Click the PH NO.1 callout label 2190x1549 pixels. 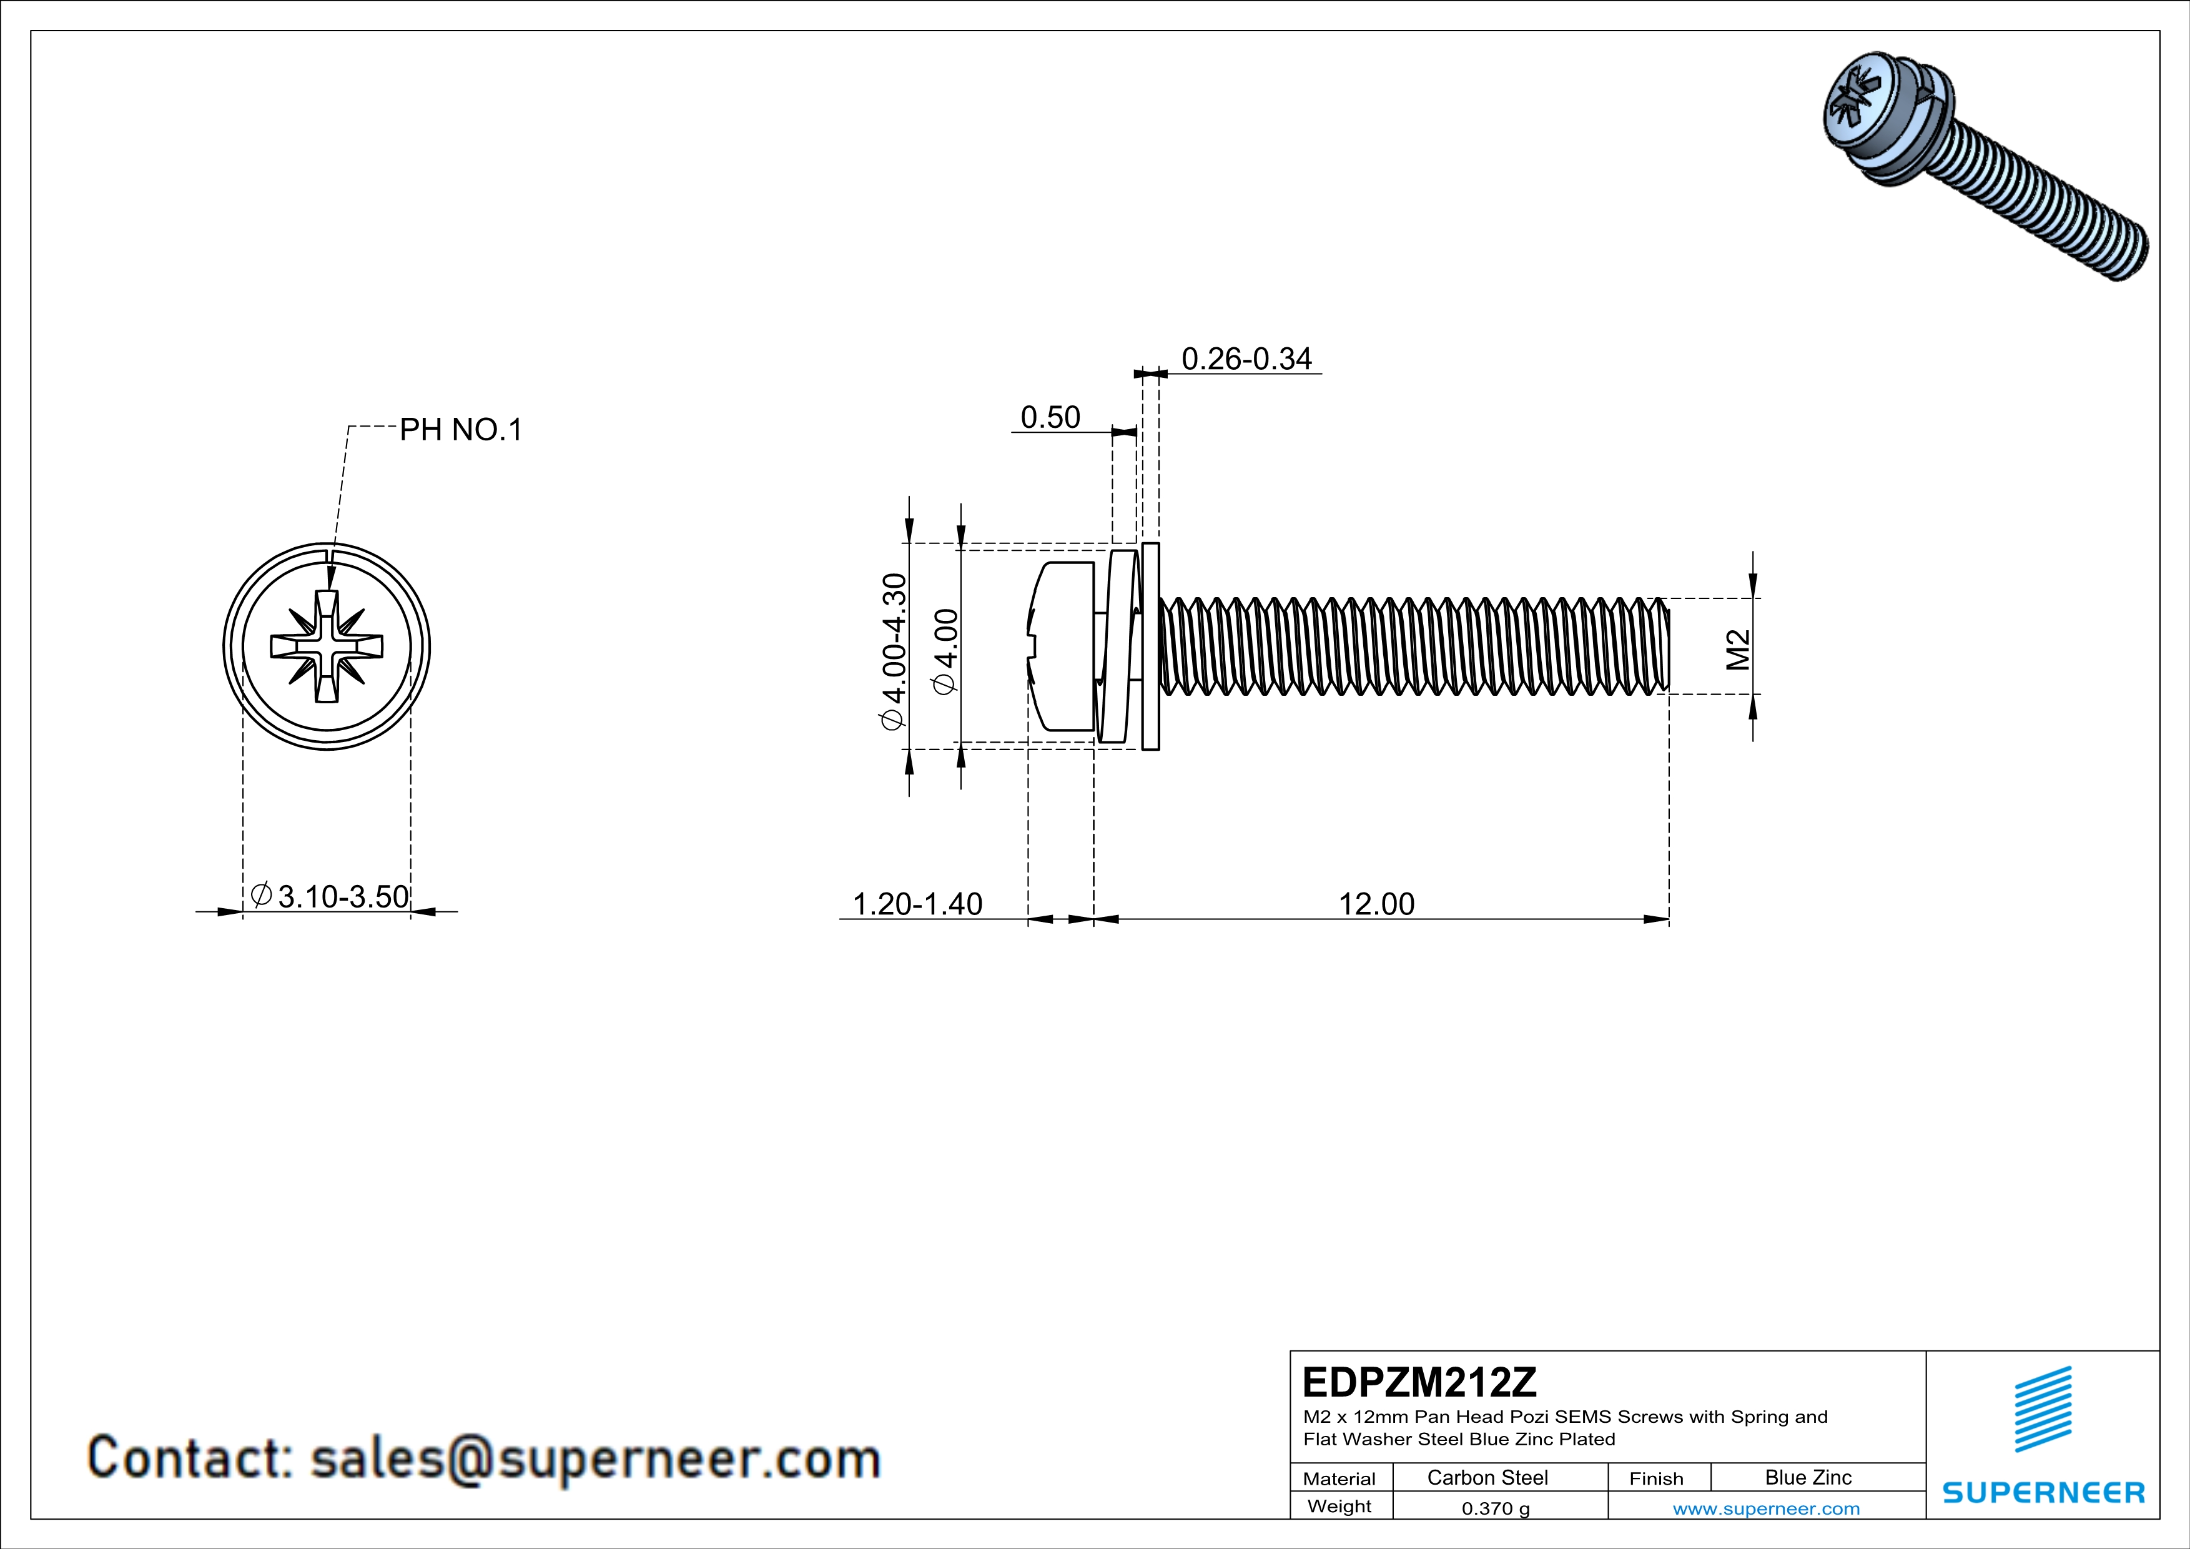[x=461, y=430]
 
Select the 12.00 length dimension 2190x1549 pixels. [x=1376, y=903]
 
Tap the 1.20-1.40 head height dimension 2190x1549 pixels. [x=917, y=903]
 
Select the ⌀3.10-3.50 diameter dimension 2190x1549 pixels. [x=330, y=896]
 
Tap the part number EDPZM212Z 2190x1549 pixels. [x=1419, y=1382]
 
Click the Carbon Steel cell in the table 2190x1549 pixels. [x=1487, y=1477]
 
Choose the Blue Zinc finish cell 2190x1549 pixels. [x=1807, y=1477]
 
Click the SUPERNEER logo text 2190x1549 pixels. [x=2043, y=1493]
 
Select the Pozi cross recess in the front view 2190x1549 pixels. [x=327, y=646]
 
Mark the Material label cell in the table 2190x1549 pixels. [x=1339, y=1478]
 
